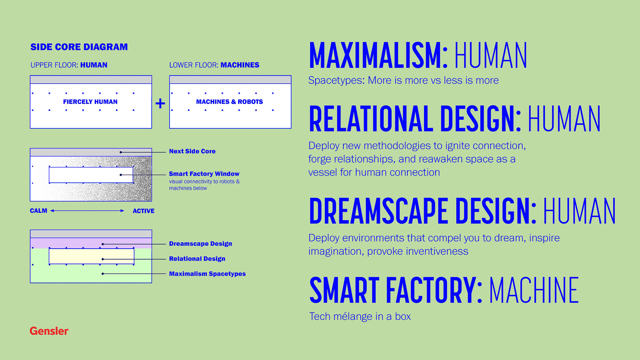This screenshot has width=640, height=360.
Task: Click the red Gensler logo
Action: (x=49, y=331)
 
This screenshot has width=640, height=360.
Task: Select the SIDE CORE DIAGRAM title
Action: (x=79, y=47)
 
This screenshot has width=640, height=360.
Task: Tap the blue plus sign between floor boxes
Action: (x=160, y=103)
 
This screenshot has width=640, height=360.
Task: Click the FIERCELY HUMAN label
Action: (x=90, y=102)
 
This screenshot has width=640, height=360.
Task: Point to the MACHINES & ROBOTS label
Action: (x=229, y=102)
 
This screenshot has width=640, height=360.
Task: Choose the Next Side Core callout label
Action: (x=192, y=151)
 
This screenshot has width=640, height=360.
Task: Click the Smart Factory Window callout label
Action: (x=204, y=174)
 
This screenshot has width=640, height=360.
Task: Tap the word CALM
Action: (x=38, y=211)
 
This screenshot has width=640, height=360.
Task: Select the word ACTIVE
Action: (x=143, y=211)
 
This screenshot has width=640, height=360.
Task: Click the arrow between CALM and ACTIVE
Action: (x=87, y=211)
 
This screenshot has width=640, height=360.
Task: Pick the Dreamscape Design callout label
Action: (x=200, y=244)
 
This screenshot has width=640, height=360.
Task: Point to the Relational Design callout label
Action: (x=197, y=259)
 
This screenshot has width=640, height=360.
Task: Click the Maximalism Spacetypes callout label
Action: (x=207, y=274)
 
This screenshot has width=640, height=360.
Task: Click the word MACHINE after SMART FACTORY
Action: (x=534, y=290)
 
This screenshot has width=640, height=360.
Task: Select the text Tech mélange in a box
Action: (x=360, y=316)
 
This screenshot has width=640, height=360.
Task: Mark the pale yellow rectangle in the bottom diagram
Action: (x=92, y=256)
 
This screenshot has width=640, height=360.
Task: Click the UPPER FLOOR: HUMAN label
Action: (x=69, y=65)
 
